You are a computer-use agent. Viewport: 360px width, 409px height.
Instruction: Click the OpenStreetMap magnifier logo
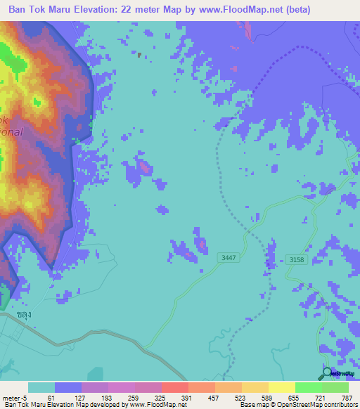coord(327,374)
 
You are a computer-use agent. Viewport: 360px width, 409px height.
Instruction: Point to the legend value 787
coord(346,397)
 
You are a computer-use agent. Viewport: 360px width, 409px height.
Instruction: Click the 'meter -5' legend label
coord(13,397)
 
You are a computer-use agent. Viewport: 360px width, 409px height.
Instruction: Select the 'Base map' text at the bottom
coord(252,405)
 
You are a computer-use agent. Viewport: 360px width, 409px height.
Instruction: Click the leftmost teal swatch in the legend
coord(41,387)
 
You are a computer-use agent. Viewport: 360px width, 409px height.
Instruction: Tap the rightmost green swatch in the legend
coord(335,387)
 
